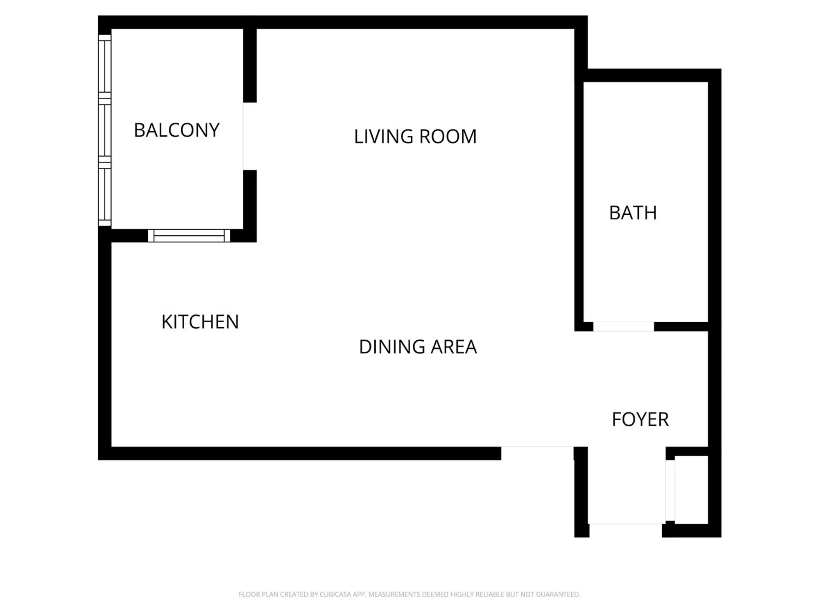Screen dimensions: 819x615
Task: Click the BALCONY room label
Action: pos(176,130)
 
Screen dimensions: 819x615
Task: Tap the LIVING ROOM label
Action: pos(415,137)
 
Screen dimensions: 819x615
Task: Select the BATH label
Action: pos(633,213)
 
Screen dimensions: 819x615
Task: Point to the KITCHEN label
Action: pos(200,322)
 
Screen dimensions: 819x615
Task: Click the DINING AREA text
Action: pos(418,347)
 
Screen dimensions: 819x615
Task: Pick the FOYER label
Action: pos(640,419)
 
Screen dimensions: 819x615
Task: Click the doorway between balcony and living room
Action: pos(250,136)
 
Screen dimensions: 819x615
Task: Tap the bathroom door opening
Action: pos(624,327)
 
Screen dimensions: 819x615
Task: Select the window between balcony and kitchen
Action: pos(189,236)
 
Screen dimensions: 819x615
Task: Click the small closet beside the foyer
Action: pos(692,490)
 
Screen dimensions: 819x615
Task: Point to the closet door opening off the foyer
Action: pos(670,490)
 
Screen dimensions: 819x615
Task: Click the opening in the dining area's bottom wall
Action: pos(537,453)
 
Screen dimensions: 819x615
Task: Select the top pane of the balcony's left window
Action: pos(105,67)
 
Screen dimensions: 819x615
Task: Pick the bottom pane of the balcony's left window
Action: pos(105,194)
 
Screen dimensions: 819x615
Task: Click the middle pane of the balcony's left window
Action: pos(105,130)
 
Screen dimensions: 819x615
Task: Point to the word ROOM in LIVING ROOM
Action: pos(448,137)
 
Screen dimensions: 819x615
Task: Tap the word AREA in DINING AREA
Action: pos(454,347)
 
